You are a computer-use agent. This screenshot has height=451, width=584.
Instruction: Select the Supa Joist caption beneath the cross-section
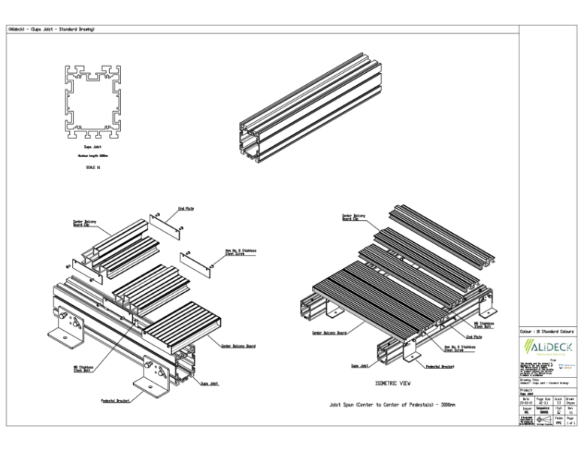[92, 147]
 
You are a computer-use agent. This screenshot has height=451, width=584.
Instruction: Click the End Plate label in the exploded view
[186, 209]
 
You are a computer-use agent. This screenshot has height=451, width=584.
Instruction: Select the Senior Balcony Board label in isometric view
[330, 331]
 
